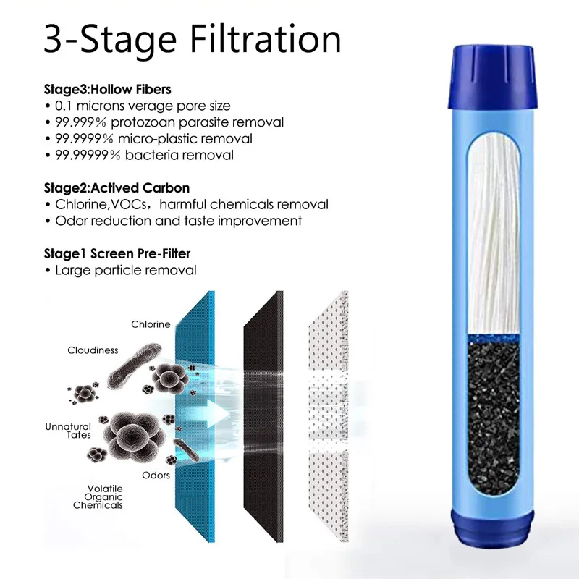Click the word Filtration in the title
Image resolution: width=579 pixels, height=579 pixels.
pos(265,39)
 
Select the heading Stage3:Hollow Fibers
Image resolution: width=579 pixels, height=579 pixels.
pos(108,89)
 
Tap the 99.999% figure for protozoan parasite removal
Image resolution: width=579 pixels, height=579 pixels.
pos(80,122)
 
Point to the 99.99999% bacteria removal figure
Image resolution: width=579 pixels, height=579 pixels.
pos(88,155)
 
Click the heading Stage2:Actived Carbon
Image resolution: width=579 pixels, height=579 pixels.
pos(117,188)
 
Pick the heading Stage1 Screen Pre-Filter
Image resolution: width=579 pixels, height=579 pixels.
pos(117,254)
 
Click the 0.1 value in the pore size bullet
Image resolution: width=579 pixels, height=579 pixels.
pos(64,106)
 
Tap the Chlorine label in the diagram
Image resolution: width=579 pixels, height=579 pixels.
pos(151,324)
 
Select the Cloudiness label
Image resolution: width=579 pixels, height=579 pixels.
pos(93,350)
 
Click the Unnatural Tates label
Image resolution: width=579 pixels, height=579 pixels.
pos(68,431)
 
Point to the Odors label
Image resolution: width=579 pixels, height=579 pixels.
pos(156,476)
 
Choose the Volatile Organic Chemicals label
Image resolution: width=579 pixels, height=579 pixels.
pos(98,497)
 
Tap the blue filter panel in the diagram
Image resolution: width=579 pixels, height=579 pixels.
pos(195,417)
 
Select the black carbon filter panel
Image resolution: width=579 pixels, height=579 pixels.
pos(263,417)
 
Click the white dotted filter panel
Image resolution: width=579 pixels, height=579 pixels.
pos(329,417)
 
